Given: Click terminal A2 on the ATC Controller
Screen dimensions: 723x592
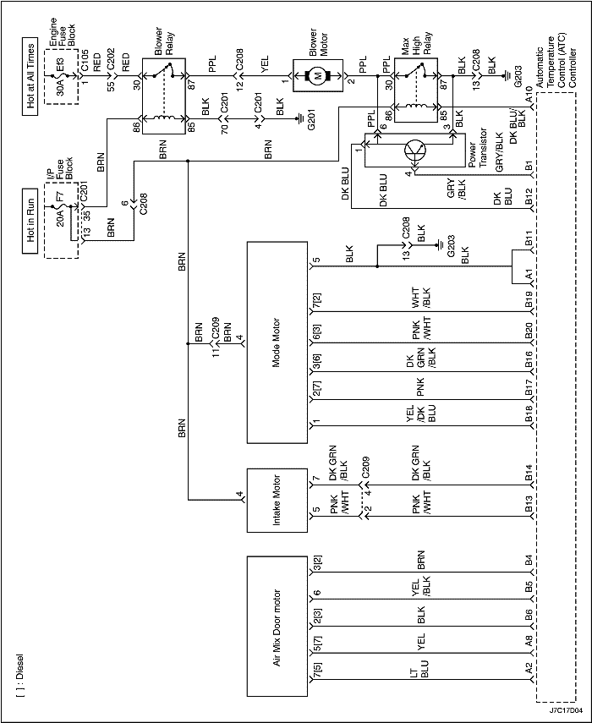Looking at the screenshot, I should pyautogui.click(x=528, y=667).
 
